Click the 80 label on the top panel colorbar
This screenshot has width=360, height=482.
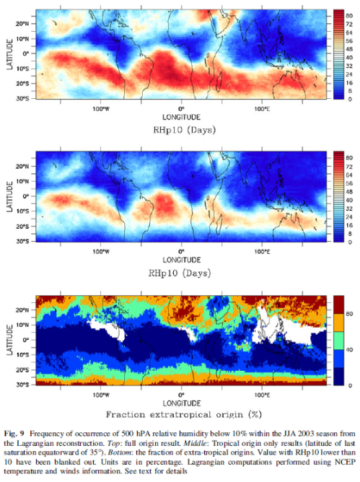[x=350, y=14]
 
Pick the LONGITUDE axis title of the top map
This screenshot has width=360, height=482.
[x=181, y=115]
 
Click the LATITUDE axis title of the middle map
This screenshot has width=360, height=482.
[x=9, y=196]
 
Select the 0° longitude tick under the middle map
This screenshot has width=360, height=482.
[x=181, y=252]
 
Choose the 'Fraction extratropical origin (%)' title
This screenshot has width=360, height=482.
[x=181, y=416]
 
